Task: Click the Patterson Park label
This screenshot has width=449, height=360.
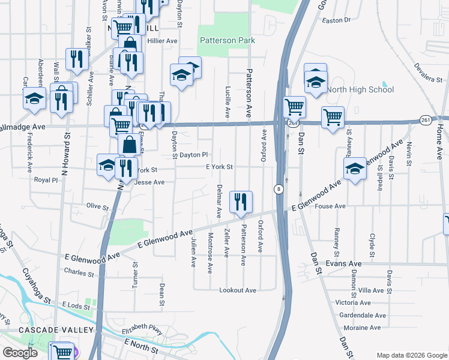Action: pyautogui.click(x=227, y=41)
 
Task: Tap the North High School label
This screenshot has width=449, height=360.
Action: pyautogui.click(x=360, y=90)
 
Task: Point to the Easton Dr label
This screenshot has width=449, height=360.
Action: pyautogui.click(x=336, y=20)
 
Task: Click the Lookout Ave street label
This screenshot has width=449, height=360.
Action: pyautogui.click(x=238, y=290)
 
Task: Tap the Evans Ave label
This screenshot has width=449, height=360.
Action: pyautogui.click(x=343, y=263)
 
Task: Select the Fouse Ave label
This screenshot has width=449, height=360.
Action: pyautogui.click(x=330, y=206)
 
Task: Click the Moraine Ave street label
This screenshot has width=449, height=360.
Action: pyautogui.click(x=363, y=328)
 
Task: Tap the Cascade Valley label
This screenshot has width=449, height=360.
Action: pyautogui.click(x=47, y=331)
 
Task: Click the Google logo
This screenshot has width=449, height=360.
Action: pyautogui.click(x=20, y=353)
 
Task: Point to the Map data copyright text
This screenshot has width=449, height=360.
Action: pyautogui.click(x=411, y=355)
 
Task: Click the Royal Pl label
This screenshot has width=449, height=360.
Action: pyautogui.click(x=46, y=179)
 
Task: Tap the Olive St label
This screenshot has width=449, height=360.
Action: pyautogui.click(x=97, y=206)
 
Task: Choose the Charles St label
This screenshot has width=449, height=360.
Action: pyautogui.click(x=79, y=272)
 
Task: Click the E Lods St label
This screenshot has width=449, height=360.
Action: pyautogui.click(x=75, y=306)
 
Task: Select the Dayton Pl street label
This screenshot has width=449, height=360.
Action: pyautogui.click(x=193, y=155)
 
